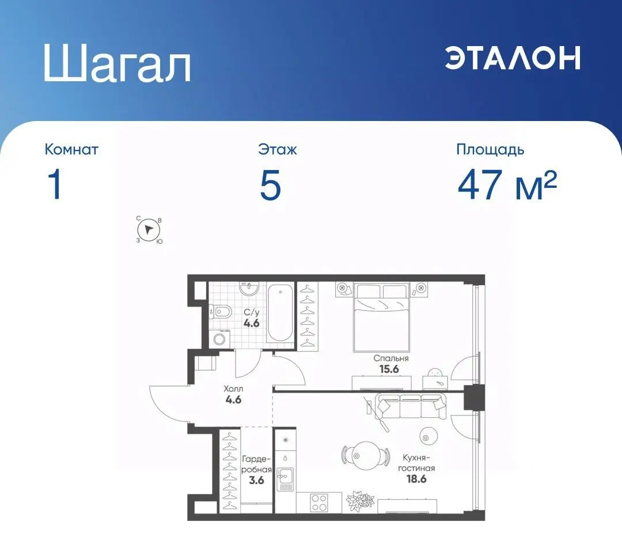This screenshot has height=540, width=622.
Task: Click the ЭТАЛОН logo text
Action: coord(512,58)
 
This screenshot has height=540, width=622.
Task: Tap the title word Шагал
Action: coord(117,65)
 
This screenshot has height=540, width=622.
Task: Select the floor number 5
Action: coord(270,187)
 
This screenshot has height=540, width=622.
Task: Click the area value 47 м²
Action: coord(507,187)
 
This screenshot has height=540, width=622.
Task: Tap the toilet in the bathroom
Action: coord(222,312)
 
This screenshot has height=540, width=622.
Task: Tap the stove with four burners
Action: coord(319,501)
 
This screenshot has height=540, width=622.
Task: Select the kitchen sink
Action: coord(284,477)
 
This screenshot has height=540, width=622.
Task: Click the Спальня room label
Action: coord(390,358)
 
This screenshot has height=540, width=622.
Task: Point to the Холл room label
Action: coord(233,389)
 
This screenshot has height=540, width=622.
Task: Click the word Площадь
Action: coord(490,150)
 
